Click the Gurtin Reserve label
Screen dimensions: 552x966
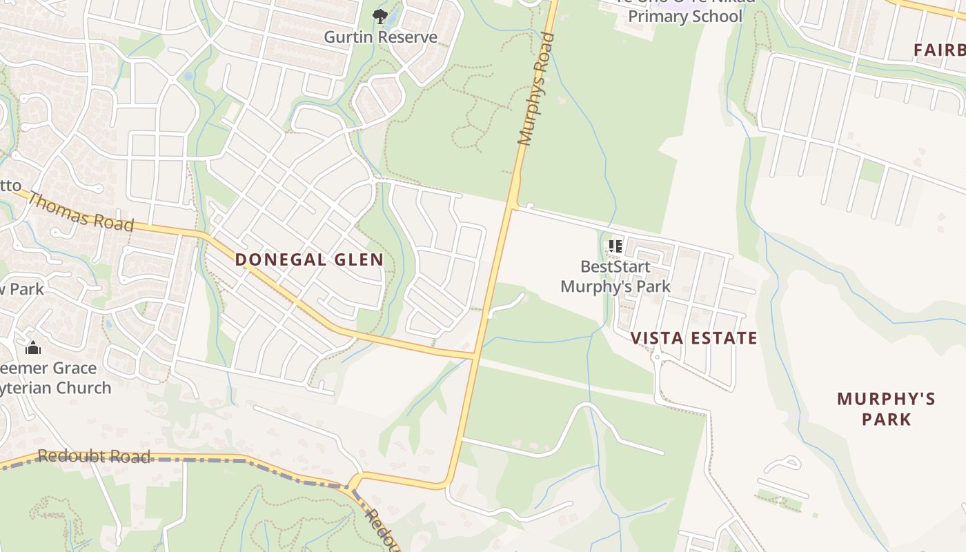click(x=381, y=37)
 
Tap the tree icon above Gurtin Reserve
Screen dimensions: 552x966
click(x=379, y=16)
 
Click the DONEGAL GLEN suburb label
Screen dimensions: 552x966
click(x=309, y=260)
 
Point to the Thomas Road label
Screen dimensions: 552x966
click(x=80, y=211)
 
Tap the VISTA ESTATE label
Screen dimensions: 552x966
click(x=694, y=338)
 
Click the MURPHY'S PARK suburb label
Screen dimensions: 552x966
click(x=886, y=408)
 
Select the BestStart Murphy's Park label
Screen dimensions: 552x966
click(x=615, y=276)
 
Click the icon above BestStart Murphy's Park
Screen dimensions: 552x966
click(x=615, y=246)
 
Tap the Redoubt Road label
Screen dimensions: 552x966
click(x=94, y=456)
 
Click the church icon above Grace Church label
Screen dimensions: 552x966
click(x=33, y=348)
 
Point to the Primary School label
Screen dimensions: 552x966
click(x=685, y=17)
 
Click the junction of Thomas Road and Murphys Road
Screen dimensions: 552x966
click(x=475, y=356)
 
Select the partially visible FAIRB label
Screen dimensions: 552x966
click(x=939, y=50)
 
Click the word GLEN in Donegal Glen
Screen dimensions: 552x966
click(x=355, y=260)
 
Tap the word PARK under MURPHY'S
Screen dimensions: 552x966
click(x=886, y=419)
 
